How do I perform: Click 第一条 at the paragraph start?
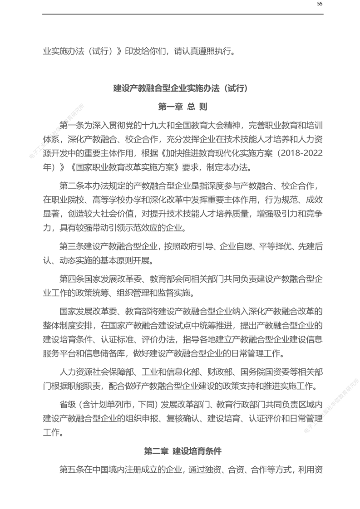point(72,125)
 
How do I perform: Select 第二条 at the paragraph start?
point(72,186)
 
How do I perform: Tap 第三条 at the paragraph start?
point(72,246)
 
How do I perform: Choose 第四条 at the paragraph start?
point(72,278)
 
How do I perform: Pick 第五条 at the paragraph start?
point(72,470)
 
